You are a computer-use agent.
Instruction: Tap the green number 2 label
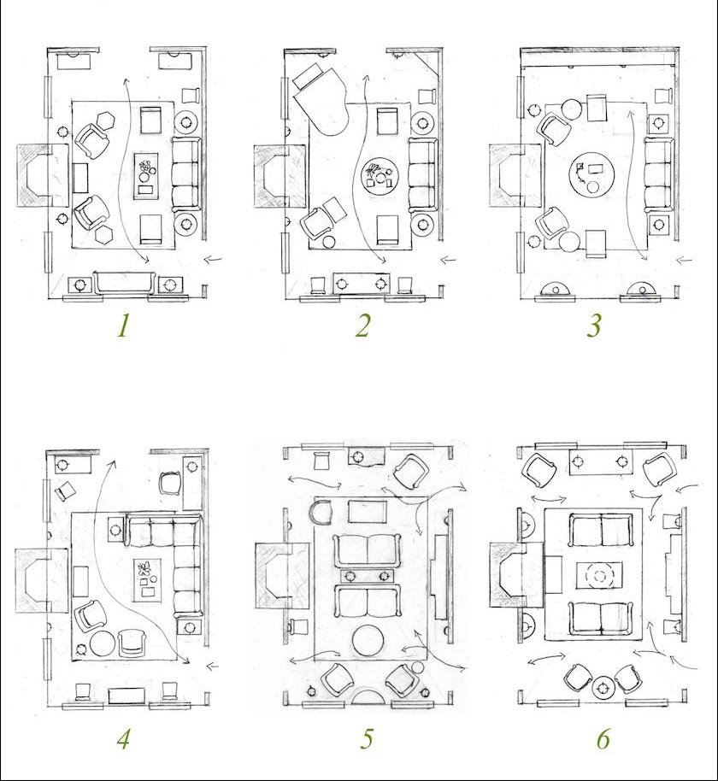click(x=362, y=326)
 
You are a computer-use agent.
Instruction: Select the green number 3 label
click(x=593, y=326)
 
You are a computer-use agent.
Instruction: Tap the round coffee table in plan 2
click(x=380, y=178)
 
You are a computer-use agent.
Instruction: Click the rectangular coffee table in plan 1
click(x=145, y=175)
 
